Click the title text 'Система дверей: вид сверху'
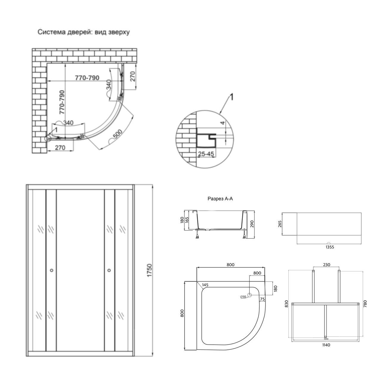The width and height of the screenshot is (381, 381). coord(83,32)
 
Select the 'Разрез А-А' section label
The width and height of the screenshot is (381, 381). coord(220,199)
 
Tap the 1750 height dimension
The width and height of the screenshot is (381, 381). coord(149,270)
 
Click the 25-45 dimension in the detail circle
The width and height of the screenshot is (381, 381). coord(206,154)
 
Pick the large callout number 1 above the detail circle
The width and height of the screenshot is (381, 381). coord(231,97)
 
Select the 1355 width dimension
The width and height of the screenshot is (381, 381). coord(330,247)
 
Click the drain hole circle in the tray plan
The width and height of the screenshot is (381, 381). coord(250,296)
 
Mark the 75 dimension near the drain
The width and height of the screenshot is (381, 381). coord(262,299)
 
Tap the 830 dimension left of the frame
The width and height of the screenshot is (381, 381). coord(286,304)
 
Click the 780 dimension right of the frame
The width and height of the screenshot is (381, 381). coord(365,304)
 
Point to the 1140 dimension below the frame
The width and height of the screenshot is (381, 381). coord(326,345)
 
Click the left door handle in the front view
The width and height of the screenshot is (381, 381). coord(51,270)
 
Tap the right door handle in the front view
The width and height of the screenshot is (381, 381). coord(109,270)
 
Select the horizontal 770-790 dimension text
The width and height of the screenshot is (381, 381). coord(87,78)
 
